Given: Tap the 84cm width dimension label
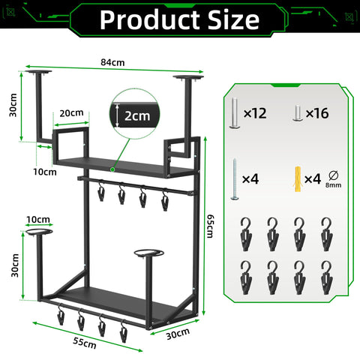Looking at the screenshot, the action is [112, 62].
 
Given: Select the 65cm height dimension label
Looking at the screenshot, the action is [209, 226].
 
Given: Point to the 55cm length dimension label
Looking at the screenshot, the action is [85, 343].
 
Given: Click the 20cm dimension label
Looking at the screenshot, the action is [71, 113].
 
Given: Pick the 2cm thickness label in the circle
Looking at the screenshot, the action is [137, 116].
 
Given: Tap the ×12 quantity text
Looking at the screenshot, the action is [255, 113].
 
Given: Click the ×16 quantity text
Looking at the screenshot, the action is [317, 113].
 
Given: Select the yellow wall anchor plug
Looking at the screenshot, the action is [298, 178].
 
